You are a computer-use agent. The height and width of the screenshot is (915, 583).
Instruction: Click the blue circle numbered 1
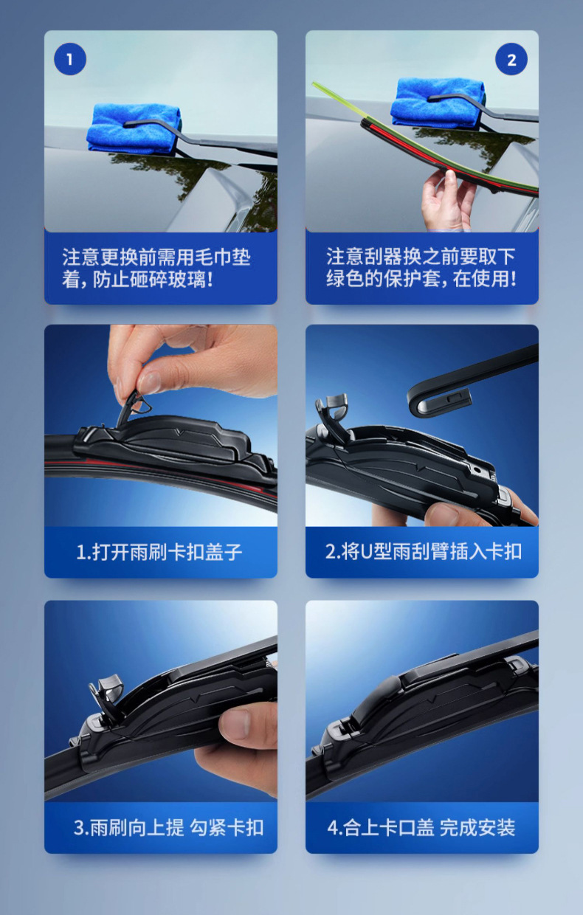70,59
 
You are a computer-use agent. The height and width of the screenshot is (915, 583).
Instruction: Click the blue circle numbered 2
511,59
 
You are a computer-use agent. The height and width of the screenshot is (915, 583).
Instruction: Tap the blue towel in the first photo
134,128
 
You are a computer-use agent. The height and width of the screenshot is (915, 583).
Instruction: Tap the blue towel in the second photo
438,102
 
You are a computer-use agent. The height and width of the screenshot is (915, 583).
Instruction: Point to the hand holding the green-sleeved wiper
447,201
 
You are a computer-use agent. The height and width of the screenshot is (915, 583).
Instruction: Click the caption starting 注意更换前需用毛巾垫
156,269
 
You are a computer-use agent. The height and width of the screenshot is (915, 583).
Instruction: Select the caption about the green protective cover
421,268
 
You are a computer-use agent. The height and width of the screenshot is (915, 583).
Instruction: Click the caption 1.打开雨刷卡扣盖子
159,552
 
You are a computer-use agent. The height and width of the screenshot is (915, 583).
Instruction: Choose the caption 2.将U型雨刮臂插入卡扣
424,551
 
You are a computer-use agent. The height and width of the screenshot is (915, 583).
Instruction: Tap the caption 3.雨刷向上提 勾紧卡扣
168,828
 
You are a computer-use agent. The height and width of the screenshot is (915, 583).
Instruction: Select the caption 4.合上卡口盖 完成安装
421,828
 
